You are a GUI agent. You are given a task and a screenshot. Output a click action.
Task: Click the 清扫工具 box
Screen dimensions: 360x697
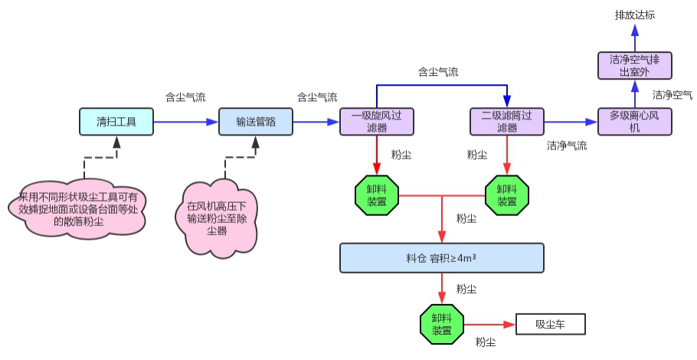click(x=116, y=122)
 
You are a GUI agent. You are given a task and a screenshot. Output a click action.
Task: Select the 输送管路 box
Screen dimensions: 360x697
click(x=256, y=122)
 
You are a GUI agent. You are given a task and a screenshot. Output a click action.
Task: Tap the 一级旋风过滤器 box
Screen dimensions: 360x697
click(x=377, y=122)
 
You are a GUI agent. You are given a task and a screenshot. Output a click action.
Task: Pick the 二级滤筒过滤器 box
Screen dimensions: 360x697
click(x=506, y=122)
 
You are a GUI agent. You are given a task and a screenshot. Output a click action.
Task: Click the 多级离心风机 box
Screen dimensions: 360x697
click(x=634, y=122)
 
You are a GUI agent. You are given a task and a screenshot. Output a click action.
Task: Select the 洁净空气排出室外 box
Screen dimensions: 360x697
click(x=634, y=64)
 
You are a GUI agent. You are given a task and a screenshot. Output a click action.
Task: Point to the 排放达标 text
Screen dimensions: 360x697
click(x=635, y=15)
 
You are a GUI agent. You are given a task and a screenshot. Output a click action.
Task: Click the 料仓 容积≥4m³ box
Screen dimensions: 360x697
click(x=441, y=258)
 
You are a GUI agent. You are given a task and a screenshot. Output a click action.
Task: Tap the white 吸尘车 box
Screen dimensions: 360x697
click(x=550, y=325)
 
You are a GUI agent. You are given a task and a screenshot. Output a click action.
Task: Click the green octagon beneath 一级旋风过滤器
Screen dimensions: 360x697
click(x=377, y=196)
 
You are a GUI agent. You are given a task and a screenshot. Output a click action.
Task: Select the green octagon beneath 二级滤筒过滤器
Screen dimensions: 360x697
click(x=506, y=196)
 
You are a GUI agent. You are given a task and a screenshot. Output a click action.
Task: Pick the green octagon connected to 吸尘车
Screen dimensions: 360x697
click(x=442, y=325)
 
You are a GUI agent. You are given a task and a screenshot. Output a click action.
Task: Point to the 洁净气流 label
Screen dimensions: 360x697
click(x=567, y=145)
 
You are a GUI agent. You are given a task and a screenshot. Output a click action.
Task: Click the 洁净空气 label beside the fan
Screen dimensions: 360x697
click(x=672, y=95)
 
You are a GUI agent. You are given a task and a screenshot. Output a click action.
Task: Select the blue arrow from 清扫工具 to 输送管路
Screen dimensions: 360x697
click(x=186, y=122)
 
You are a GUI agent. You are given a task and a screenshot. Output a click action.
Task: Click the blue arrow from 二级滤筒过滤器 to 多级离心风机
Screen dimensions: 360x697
click(x=570, y=122)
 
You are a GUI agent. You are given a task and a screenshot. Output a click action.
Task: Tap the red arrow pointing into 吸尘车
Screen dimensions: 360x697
click(x=490, y=325)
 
